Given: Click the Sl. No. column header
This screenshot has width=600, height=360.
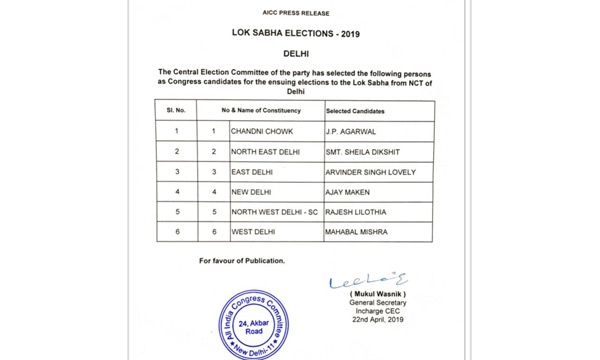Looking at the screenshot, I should (x=176, y=110).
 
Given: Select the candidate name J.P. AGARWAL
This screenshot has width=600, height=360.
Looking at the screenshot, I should (x=352, y=131).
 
